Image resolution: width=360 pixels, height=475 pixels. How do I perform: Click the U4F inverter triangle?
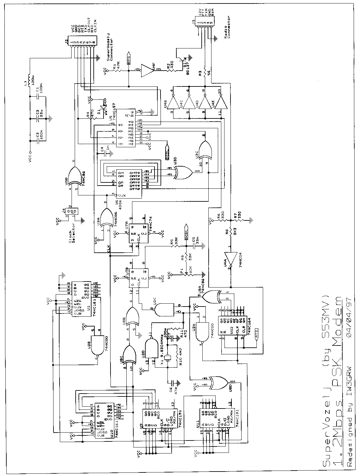tap(148, 69)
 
